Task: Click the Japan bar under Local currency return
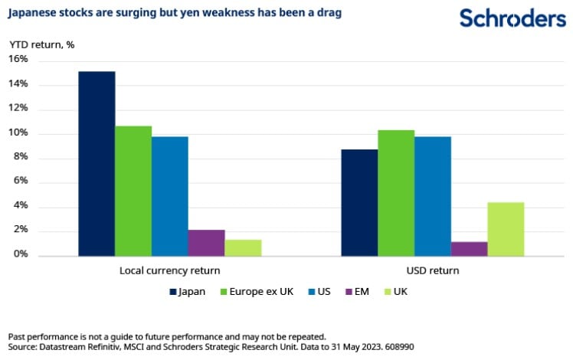[97, 164]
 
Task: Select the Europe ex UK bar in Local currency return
[133, 191]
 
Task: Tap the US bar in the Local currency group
[169, 196]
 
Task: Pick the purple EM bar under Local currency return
[206, 243]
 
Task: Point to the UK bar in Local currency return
[243, 248]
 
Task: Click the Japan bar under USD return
[359, 203]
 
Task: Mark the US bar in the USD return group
[433, 196]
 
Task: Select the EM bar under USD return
[469, 249]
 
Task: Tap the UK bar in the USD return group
[506, 229]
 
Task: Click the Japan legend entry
[188, 292]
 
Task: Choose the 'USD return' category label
[434, 271]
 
